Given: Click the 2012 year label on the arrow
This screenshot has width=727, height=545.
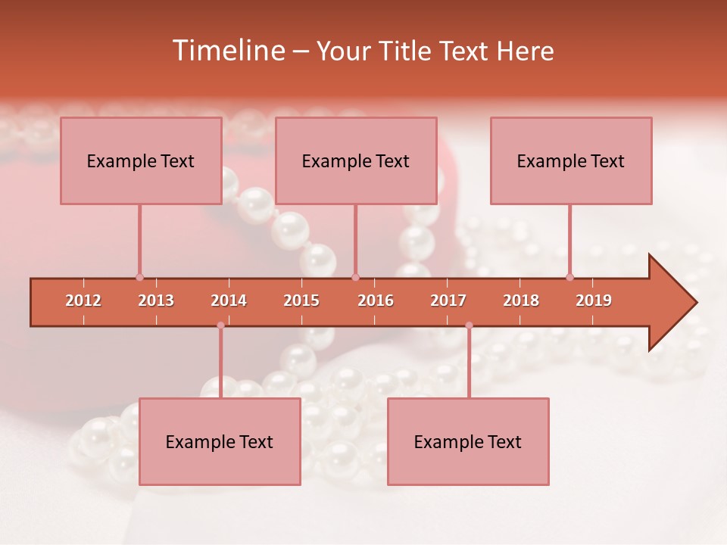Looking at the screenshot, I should pos(83,301).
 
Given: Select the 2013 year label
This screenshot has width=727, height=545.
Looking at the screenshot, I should pos(156,301).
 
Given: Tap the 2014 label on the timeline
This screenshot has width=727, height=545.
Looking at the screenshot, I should pos(229,301).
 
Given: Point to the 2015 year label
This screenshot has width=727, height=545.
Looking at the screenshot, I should pos(301,301).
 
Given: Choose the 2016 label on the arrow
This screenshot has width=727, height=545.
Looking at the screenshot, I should pos(376,301).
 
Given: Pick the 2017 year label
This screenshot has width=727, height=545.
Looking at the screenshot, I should pos(448,301).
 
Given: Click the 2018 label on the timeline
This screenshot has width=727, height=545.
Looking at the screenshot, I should pos(521,301).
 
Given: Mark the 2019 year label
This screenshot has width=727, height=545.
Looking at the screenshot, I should pos(594,301).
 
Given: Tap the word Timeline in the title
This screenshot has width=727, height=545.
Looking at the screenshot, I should pos(227,51).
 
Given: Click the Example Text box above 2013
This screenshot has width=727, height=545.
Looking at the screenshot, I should pos(141,160).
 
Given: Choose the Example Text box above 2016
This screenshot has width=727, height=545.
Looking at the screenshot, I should pos(356,160).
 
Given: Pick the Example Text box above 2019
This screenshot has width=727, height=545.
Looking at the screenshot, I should pos(571,160).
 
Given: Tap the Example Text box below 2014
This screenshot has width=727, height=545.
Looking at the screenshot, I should pos(220,441).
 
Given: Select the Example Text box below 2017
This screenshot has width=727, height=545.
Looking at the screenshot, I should pos(468,441).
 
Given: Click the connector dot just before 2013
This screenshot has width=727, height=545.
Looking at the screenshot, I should pos(139,277).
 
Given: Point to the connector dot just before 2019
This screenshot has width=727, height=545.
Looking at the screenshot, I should pos(569,277).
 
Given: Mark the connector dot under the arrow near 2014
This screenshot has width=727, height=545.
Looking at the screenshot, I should pos(220,325).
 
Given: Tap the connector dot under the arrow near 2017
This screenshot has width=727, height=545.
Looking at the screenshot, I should pos(469,325).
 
